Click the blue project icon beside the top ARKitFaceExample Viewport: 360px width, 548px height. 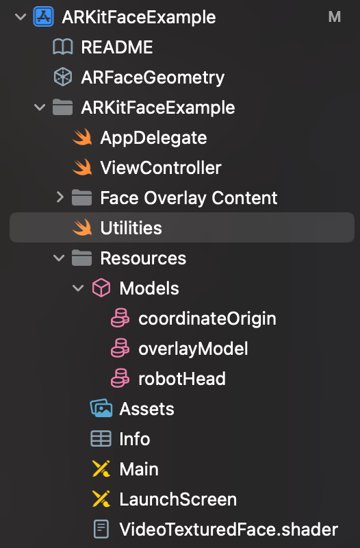tap(43, 16)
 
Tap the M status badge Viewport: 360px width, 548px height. tap(335, 16)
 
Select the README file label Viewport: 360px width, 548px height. tap(117, 47)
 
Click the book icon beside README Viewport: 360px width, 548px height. tap(63, 47)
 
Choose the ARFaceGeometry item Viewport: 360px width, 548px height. tap(153, 77)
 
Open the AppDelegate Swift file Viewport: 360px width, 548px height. tap(153, 138)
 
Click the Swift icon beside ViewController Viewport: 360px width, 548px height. tap(82, 168)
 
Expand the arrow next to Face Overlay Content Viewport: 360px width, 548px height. tap(60, 197)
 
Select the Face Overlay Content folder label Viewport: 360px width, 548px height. tap(189, 198)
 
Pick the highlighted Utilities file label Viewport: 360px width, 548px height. tap(131, 228)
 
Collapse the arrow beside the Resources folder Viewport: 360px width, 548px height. tap(59, 258)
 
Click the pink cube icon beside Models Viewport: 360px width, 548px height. tap(101, 288)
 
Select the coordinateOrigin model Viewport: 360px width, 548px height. tap(207, 319)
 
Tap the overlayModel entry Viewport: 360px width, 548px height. tap(193, 349)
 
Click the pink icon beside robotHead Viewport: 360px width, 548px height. tap(120, 379)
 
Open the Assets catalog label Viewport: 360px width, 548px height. tap(146, 409)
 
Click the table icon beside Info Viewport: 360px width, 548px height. tap(101, 438)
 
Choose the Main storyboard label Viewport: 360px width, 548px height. tap(139, 469)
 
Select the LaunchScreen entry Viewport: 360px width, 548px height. tap(178, 499)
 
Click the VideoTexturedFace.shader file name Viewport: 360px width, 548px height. tap(229, 529)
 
